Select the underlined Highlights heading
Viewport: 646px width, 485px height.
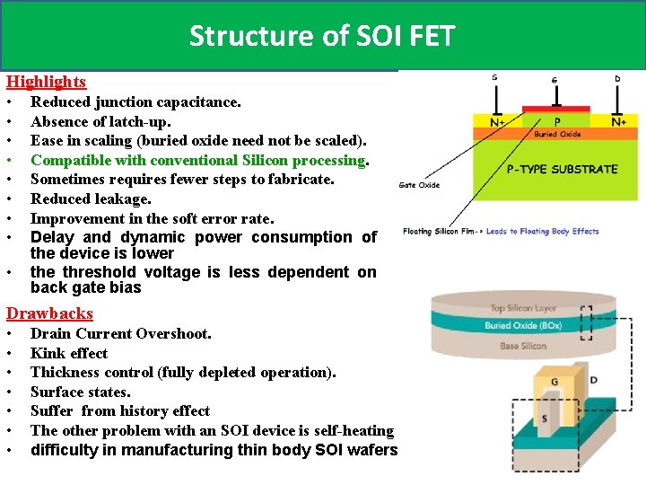tap(47, 82)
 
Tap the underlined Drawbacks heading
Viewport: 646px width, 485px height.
tap(49, 313)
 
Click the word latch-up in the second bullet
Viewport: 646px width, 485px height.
tap(140, 121)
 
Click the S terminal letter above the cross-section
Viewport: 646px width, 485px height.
tap(494, 77)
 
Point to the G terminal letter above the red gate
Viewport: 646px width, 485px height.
tap(554, 80)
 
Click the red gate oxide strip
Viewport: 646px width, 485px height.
tap(555, 110)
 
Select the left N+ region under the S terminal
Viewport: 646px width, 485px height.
tap(495, 121)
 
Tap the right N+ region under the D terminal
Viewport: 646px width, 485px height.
tap(618, 121)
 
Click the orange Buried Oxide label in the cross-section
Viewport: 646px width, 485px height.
tap(557, 134)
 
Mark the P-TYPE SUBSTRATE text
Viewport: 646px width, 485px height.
tap(562, 169)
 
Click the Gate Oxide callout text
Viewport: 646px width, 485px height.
tap(419, 185)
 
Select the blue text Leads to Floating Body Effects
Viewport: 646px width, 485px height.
tap(542, 231)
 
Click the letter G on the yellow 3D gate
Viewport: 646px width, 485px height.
tap(555, 381)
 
